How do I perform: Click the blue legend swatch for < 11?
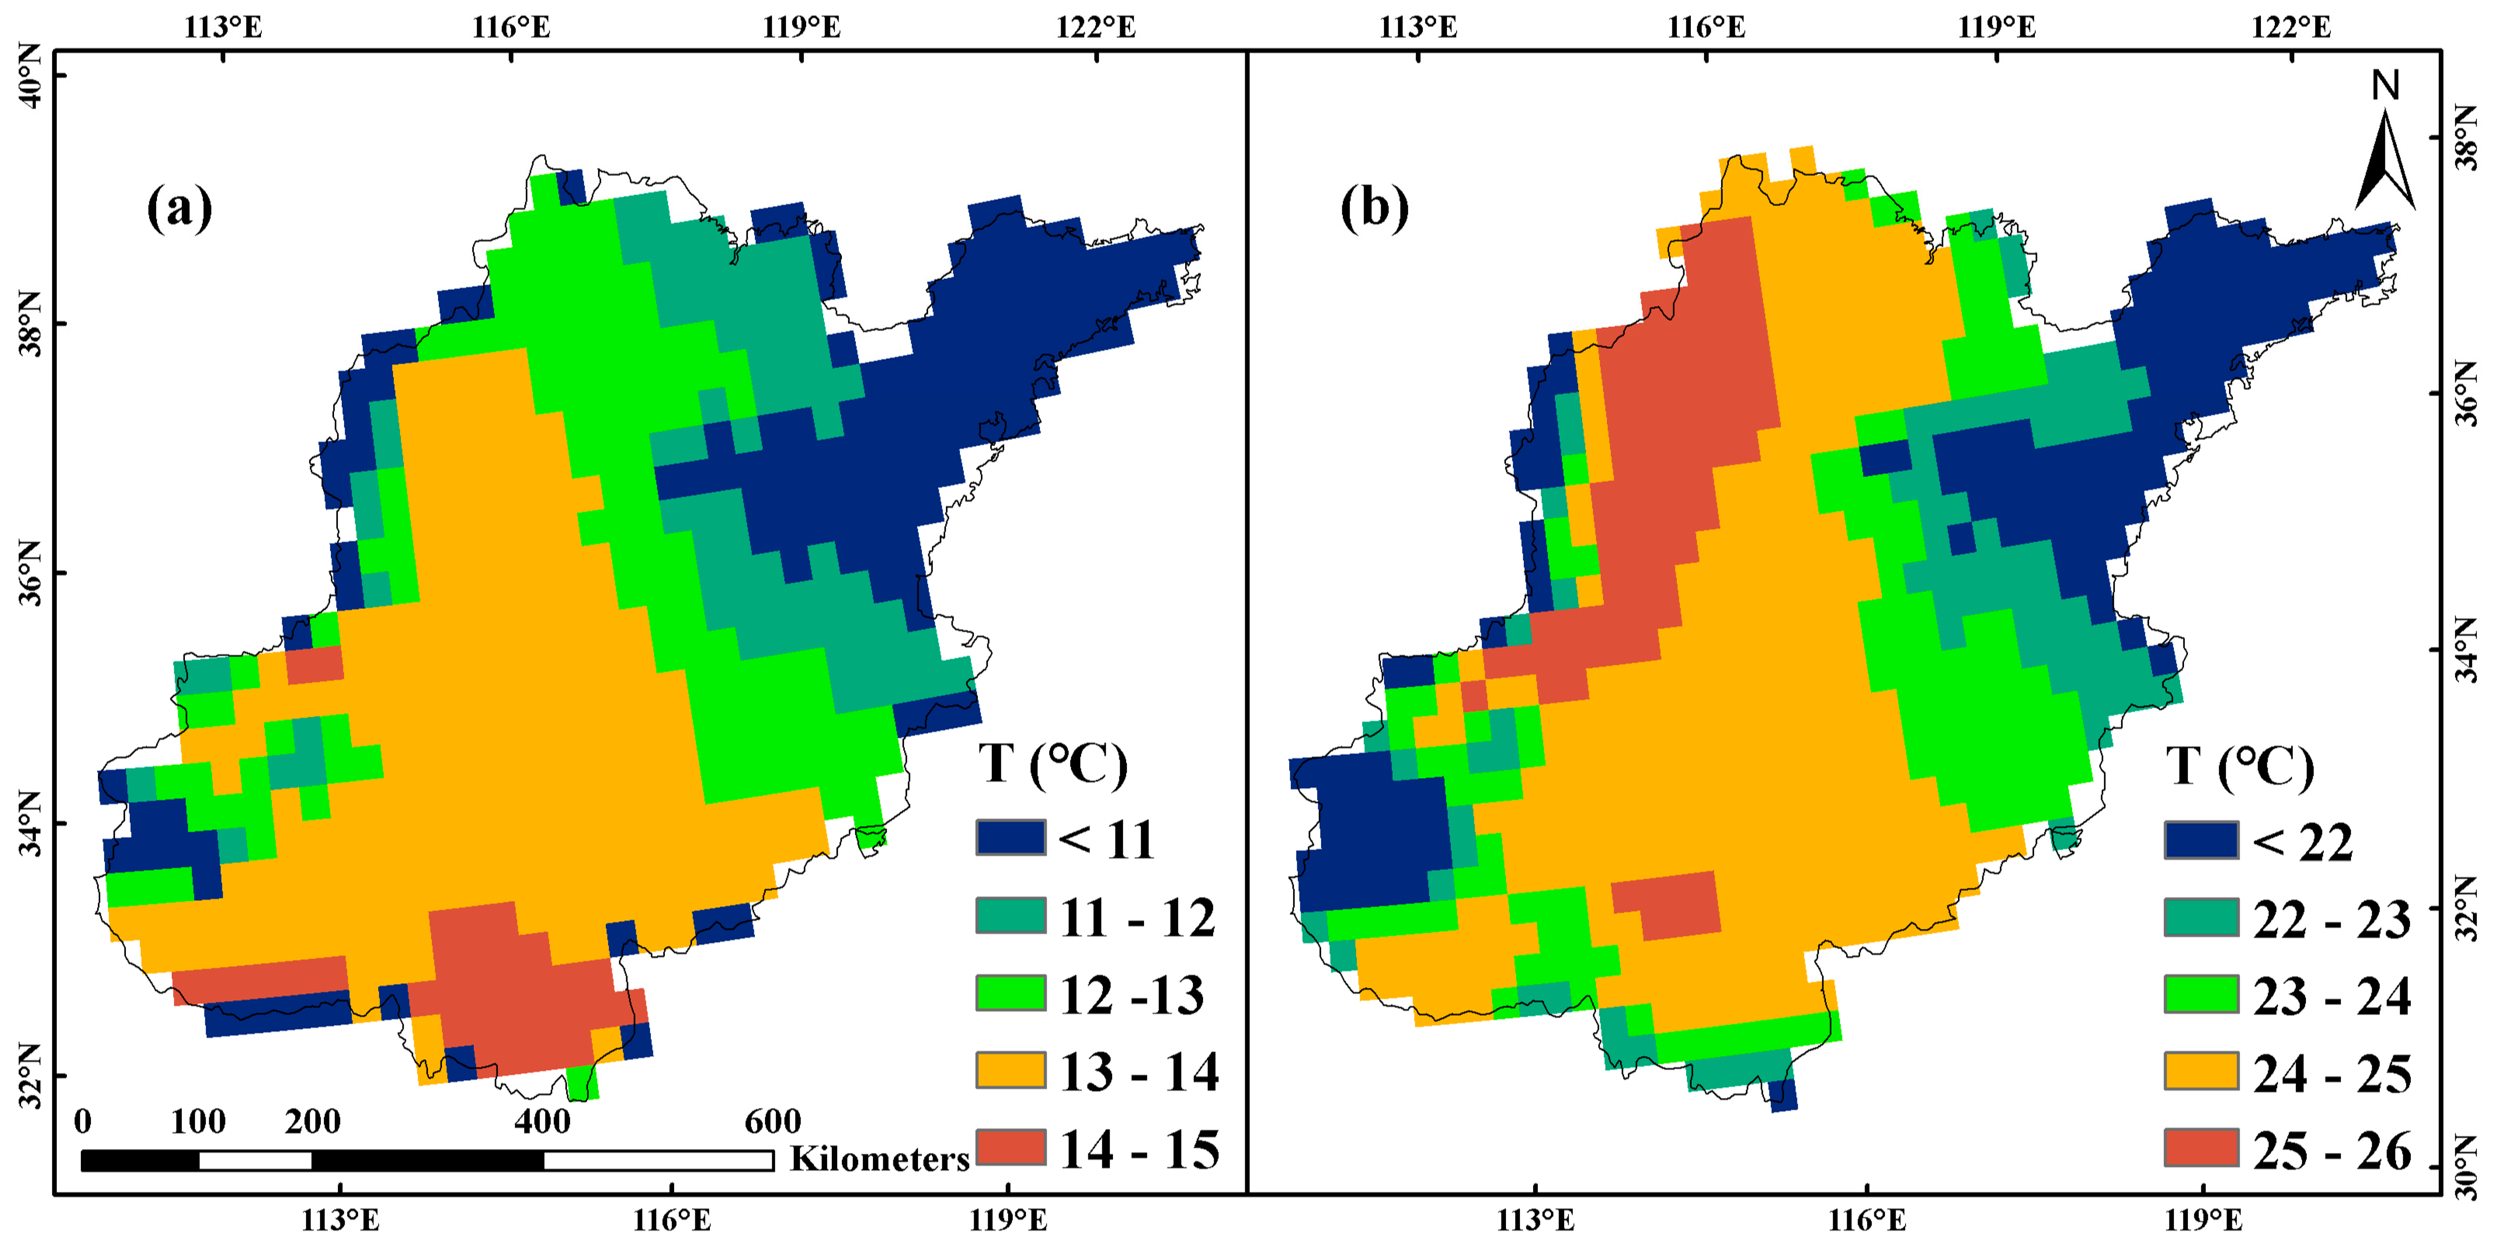(1010, 838)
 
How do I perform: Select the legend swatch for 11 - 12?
(1010, 915)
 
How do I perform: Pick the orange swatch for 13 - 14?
(1010, 1070)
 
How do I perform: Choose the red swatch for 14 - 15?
(1010, 1147)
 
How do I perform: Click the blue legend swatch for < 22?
(2201, 840)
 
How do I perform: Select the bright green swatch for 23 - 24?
(2201, 995)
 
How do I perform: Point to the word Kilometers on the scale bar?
(879, 1159)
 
